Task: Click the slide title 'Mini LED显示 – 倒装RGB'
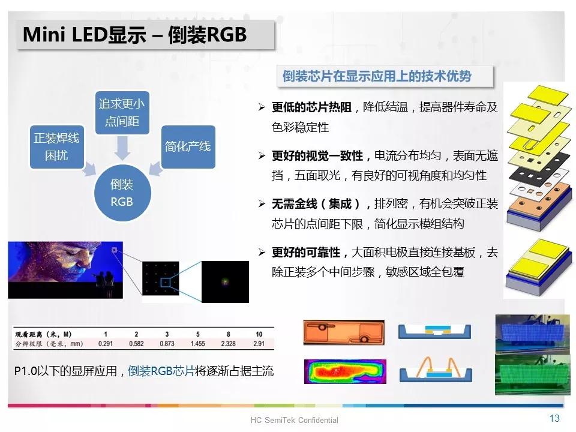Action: pos(134,35)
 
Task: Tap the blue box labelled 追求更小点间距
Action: pos(122,113)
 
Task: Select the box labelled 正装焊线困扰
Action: pos(56,147)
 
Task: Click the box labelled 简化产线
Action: pos(188,146)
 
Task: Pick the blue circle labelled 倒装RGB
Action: pos(122,193)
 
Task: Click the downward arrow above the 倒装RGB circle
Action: pos(122,148)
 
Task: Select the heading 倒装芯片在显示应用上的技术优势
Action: pos(377,76)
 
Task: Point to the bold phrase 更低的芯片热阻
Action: pos(311,107)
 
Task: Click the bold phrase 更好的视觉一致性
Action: pos(317,156)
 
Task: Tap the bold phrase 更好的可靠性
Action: pos(306,253)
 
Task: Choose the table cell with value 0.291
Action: pos(106,344)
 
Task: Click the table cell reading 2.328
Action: pos(228,344)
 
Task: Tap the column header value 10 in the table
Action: pos(259,334)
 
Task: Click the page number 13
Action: pos(554,418)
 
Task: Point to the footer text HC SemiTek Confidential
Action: pos(294,420)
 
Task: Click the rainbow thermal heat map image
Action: pos(346,371)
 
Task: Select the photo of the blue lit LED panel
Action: pos(532,334)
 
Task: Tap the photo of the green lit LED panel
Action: pos(532,374)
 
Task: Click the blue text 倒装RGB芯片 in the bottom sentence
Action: pos(161,371)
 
